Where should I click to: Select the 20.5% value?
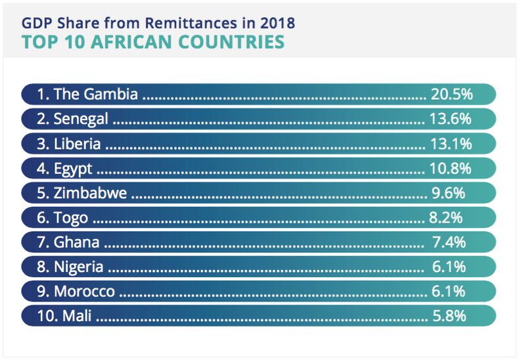click(x=451, y=94)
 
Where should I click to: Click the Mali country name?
click(x=76, y=316)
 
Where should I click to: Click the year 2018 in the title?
click(x=279, y=23)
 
